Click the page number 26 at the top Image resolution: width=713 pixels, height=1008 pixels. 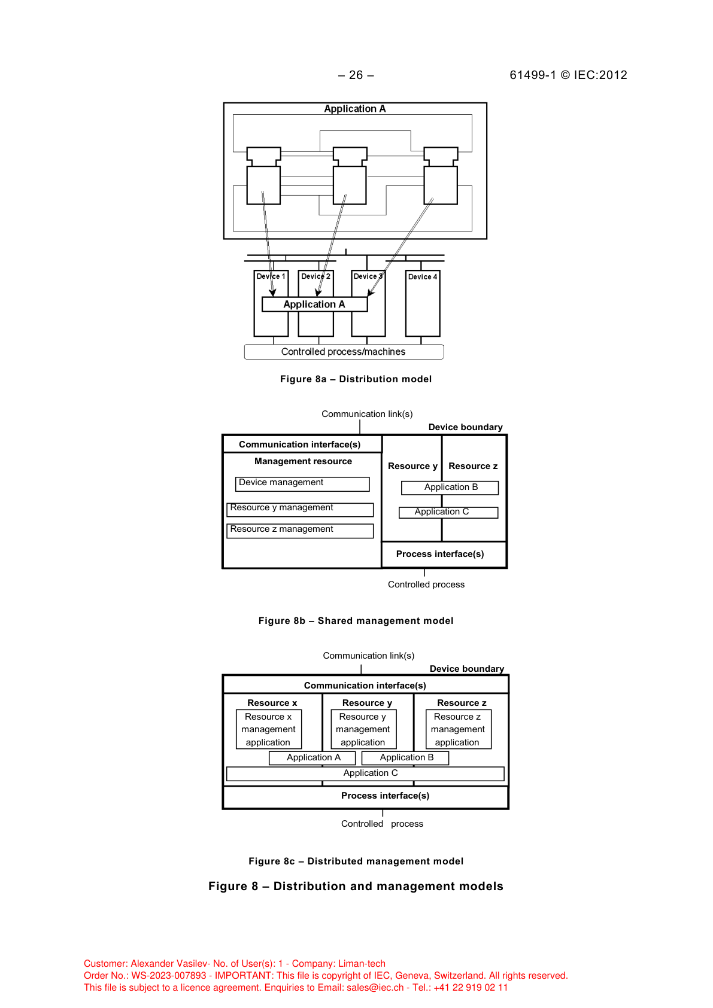coord(356,75)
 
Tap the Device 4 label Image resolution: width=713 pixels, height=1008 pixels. coord(423,277)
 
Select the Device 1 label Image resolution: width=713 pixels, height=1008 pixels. coord(271,276)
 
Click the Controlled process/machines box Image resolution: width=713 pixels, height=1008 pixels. coord(344,352)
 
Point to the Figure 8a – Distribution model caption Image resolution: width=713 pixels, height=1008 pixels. coord(356,379)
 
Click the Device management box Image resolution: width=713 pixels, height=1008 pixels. coord(302,483)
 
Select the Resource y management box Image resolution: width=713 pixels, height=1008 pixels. coord(300,509)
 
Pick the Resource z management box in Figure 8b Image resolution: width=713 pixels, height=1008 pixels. coord(300,531)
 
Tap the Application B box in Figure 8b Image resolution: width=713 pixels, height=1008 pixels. coord(450,488)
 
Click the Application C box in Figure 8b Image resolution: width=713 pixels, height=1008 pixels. coord(448,512)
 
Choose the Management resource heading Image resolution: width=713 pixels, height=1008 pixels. coord(303,461)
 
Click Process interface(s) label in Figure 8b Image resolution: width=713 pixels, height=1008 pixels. coord(440,554)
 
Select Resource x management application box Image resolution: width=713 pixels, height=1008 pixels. coord(268,729)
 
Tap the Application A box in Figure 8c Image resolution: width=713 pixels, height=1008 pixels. coord(312,758)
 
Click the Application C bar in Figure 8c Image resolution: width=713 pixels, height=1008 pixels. coord(365,773)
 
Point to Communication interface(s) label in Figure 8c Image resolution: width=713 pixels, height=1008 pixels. coord(365,686)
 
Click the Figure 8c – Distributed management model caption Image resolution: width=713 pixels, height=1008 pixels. coord(356,861)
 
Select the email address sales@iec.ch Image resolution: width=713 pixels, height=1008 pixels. coord(375,988)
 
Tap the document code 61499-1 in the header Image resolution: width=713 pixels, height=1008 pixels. coord(533,75)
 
